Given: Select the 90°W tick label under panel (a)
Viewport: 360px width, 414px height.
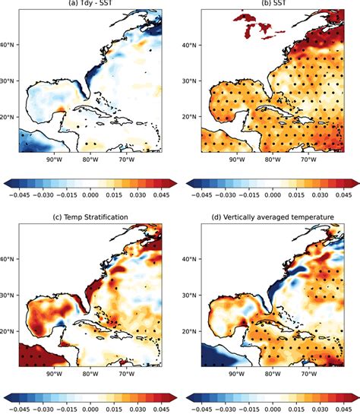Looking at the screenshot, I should (53, 161).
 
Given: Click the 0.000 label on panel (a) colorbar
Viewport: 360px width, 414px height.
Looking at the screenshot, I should (90, 194).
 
